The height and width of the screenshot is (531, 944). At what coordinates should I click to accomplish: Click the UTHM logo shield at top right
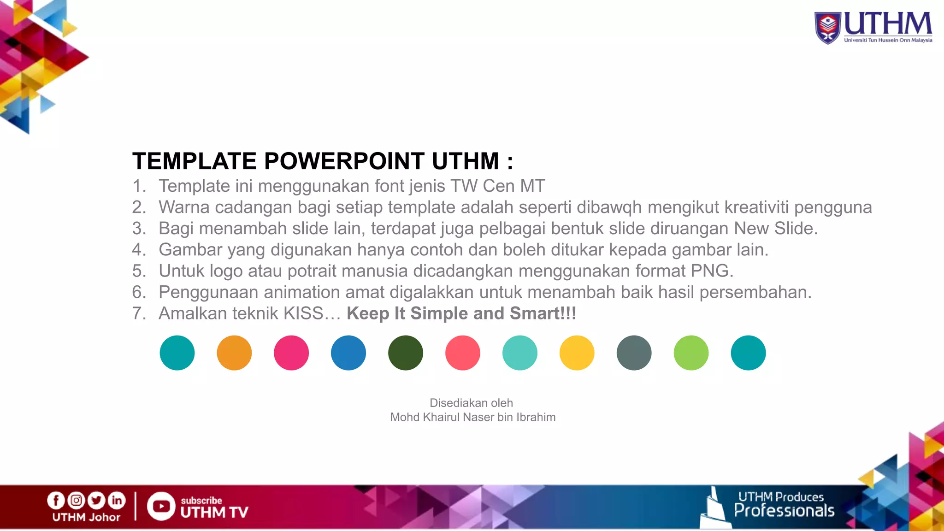pyautogui.click(x=828, y=28)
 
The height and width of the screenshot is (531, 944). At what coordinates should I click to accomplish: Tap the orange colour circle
pyautogui.click(x=234, y=353)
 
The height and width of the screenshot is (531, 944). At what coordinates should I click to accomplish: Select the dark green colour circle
pyautogui.click(x=406, y=353)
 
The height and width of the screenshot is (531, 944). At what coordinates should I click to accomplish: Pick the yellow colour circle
pyautogui.click(x=577, y=353)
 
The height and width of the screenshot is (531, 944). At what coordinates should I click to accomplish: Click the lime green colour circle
pyautogui.click(x=691, y=353)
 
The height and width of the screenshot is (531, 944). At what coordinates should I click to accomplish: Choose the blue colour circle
pyautogui.click(x=348, y=353)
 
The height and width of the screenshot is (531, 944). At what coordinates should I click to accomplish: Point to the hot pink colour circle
pyautogui.click(x=291, y=353)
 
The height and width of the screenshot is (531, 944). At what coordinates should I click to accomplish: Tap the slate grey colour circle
pyautogui.click(x=634, y=353)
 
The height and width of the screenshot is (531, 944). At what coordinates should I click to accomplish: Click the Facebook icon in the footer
pyautogui.click(x=56, y=500)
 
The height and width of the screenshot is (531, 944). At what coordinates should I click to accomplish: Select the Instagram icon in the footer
pyautogui.click(x=76, y=500)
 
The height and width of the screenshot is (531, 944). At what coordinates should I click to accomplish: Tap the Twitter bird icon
pyautogui.click(x=96, y=500)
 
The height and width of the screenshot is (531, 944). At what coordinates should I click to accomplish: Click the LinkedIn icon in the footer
pyautogui.click(x=117, y=500)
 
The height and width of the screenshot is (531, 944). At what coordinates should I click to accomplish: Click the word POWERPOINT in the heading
pyautogui.click(x=344, y=161)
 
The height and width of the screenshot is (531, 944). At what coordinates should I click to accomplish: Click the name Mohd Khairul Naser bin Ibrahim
pyautogui.click(x=472, y=417)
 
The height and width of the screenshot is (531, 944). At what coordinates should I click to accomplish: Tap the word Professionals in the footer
pyautogui.click(x=784, y=511)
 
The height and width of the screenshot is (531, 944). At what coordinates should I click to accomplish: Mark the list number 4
pyautogui.click(x=138, y=250)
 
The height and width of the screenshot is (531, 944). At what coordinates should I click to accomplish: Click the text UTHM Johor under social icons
pyautogui.click(x=86, y=517)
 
